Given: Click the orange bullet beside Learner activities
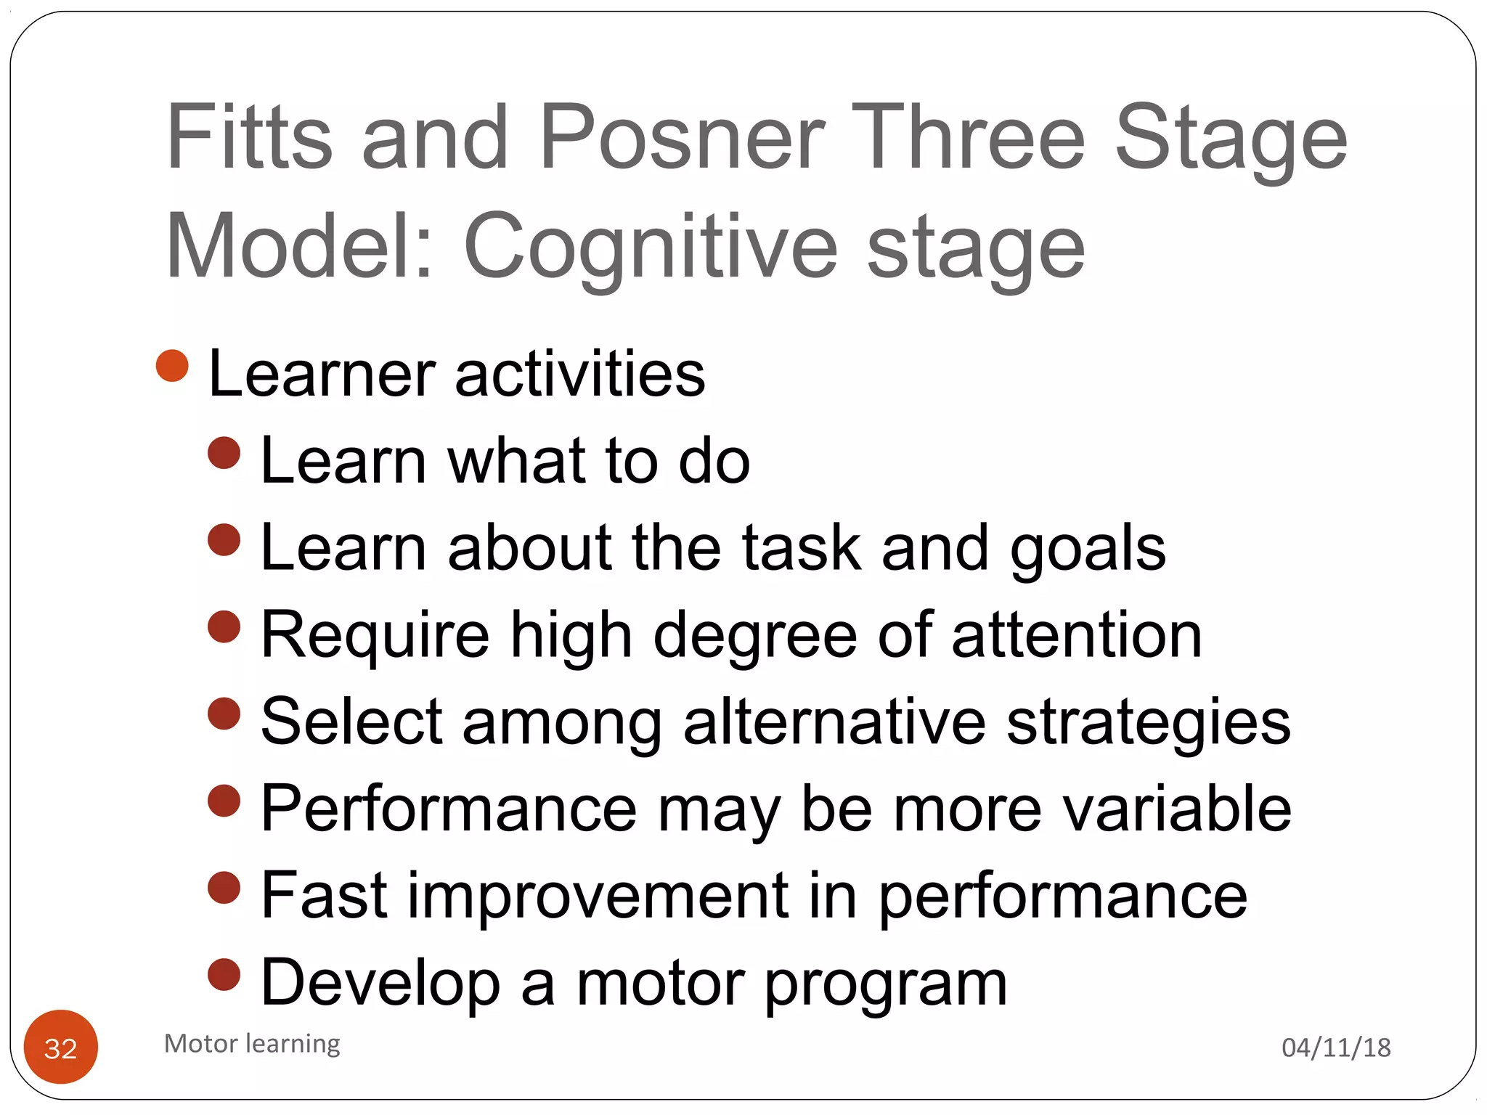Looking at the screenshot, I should click(172, 365).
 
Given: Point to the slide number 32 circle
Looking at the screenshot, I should click(61, 1047).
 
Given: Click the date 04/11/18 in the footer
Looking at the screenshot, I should click(1336, 1047).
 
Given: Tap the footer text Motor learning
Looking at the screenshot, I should click(252, 1043).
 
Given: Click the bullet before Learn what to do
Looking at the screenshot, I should click(224, 453).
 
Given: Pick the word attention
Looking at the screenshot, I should click(1077, 635).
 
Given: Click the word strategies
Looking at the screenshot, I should click(1149, 723).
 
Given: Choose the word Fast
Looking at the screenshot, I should click(324, 895).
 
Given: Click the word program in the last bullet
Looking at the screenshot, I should click(886, 984).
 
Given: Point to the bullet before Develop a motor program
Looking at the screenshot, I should click(224, 975).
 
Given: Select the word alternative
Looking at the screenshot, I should click(834, 722).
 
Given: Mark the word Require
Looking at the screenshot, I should click(375, 636).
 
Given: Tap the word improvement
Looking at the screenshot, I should click(598, 895).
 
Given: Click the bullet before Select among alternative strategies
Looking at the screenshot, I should click(224, 714).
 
